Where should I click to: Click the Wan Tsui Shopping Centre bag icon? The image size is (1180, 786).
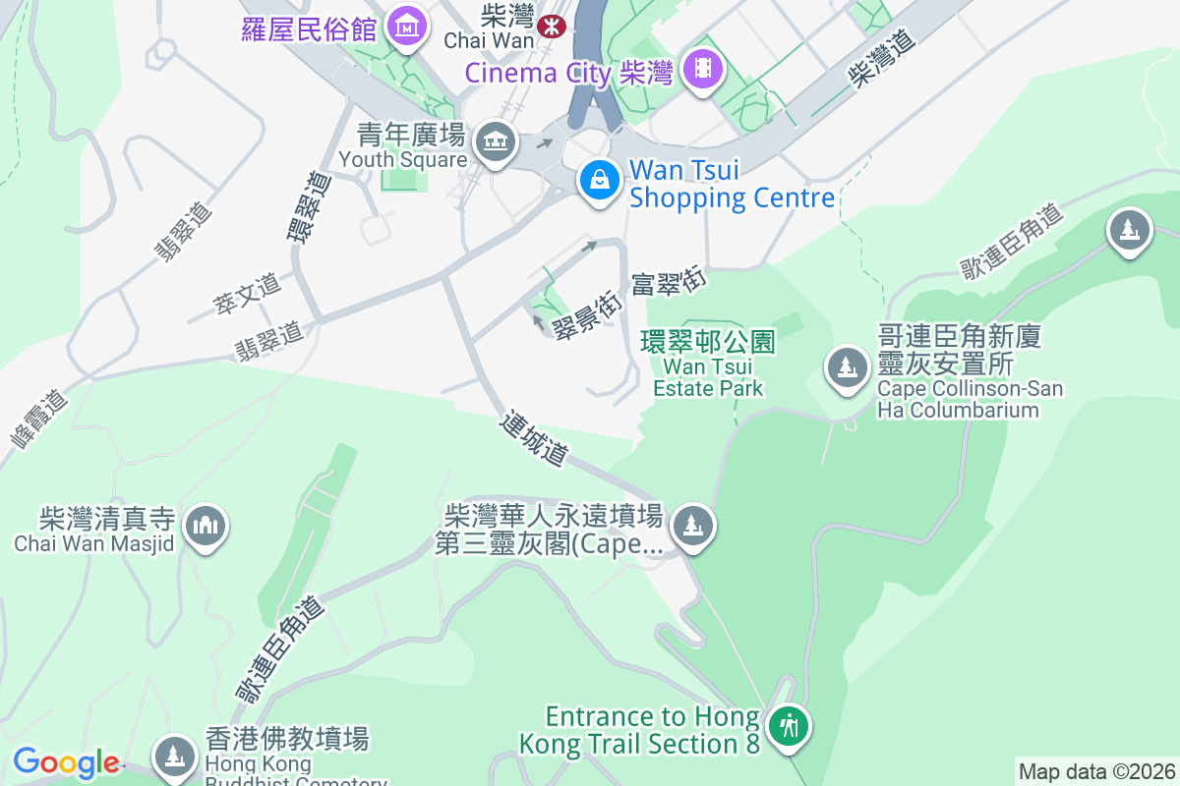coord(598,180)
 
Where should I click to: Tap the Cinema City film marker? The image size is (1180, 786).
coord(704,68)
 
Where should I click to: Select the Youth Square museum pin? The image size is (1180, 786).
coord(495,142)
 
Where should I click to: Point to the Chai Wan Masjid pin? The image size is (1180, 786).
coord(206,526)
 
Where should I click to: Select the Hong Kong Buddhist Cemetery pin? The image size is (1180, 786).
coord(175,755)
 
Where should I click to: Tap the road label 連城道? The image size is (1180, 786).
coord(534,439)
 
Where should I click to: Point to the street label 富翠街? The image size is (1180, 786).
coord(670,282)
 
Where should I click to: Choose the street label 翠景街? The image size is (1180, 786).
coord(586,313)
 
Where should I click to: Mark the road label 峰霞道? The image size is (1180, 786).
coord(39,419)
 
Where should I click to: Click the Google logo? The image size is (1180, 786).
coord(66,762)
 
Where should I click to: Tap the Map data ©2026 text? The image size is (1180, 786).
coord(1095,771)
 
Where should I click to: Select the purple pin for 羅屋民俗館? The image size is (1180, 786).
coord(406,28)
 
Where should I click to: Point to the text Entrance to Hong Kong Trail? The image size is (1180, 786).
coord(653,730)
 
